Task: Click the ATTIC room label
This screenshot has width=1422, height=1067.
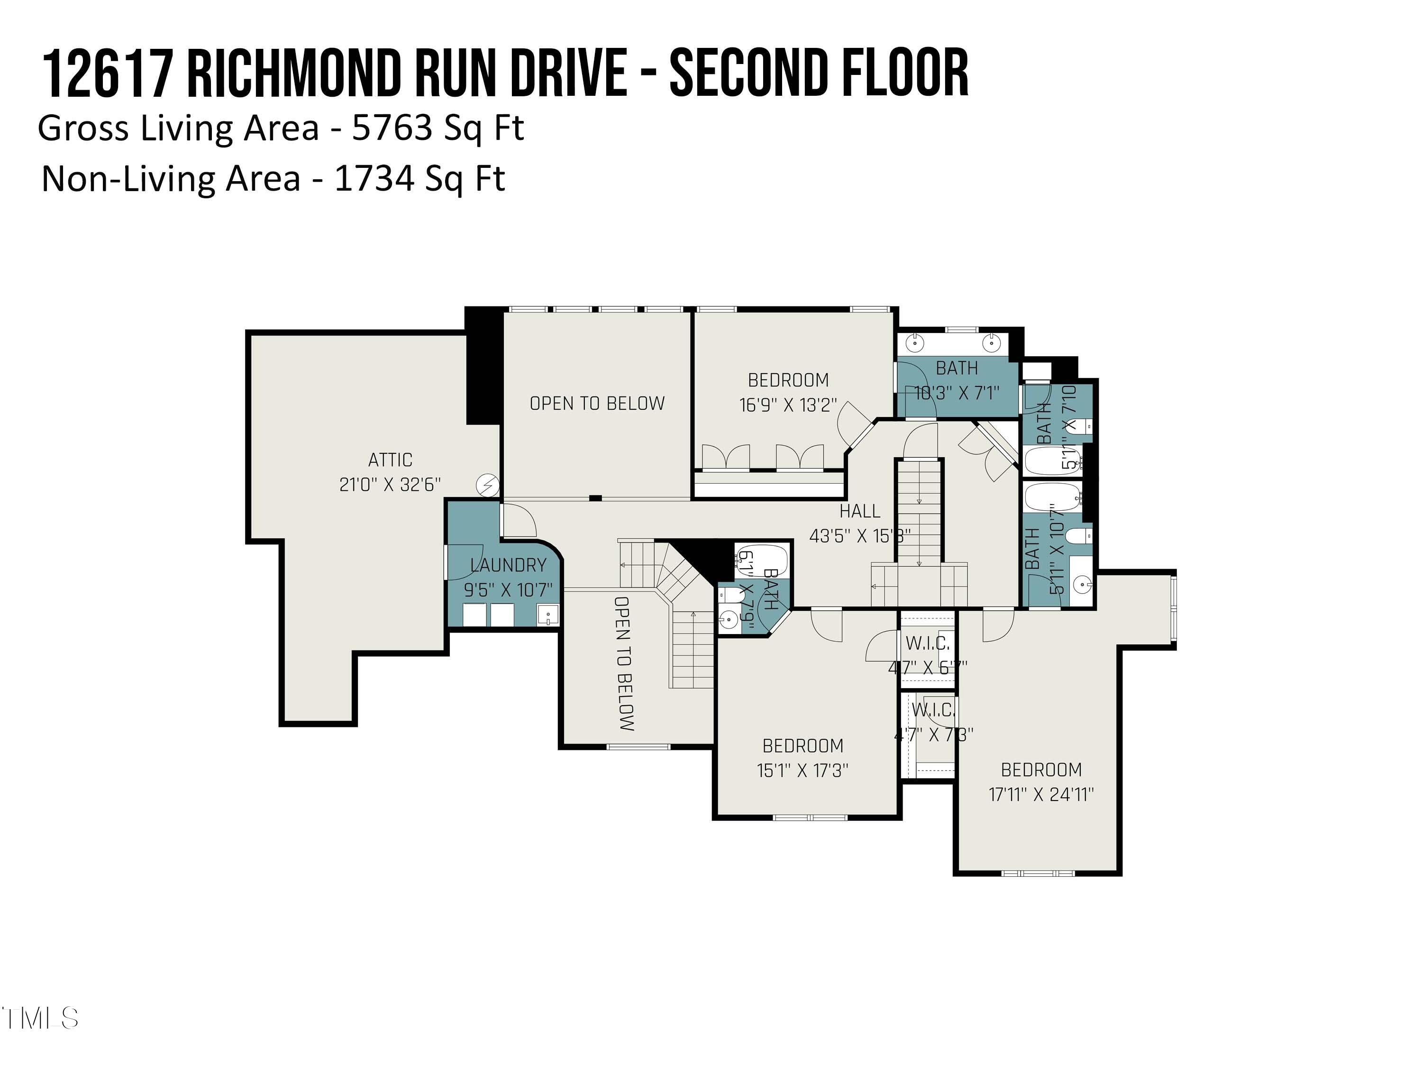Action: [390, 460]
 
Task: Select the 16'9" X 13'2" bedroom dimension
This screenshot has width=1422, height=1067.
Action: [788, 405]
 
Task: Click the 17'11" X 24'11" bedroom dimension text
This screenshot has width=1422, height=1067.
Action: [1041, 794]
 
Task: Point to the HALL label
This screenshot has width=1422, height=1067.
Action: [859, 511]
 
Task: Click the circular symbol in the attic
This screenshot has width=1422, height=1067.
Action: [487, 485]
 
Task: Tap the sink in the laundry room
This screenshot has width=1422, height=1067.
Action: [548, 616]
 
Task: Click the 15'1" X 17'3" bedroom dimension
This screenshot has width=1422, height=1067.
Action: [802, 770]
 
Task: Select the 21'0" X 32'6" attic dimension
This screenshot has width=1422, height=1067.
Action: [390, 484]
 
